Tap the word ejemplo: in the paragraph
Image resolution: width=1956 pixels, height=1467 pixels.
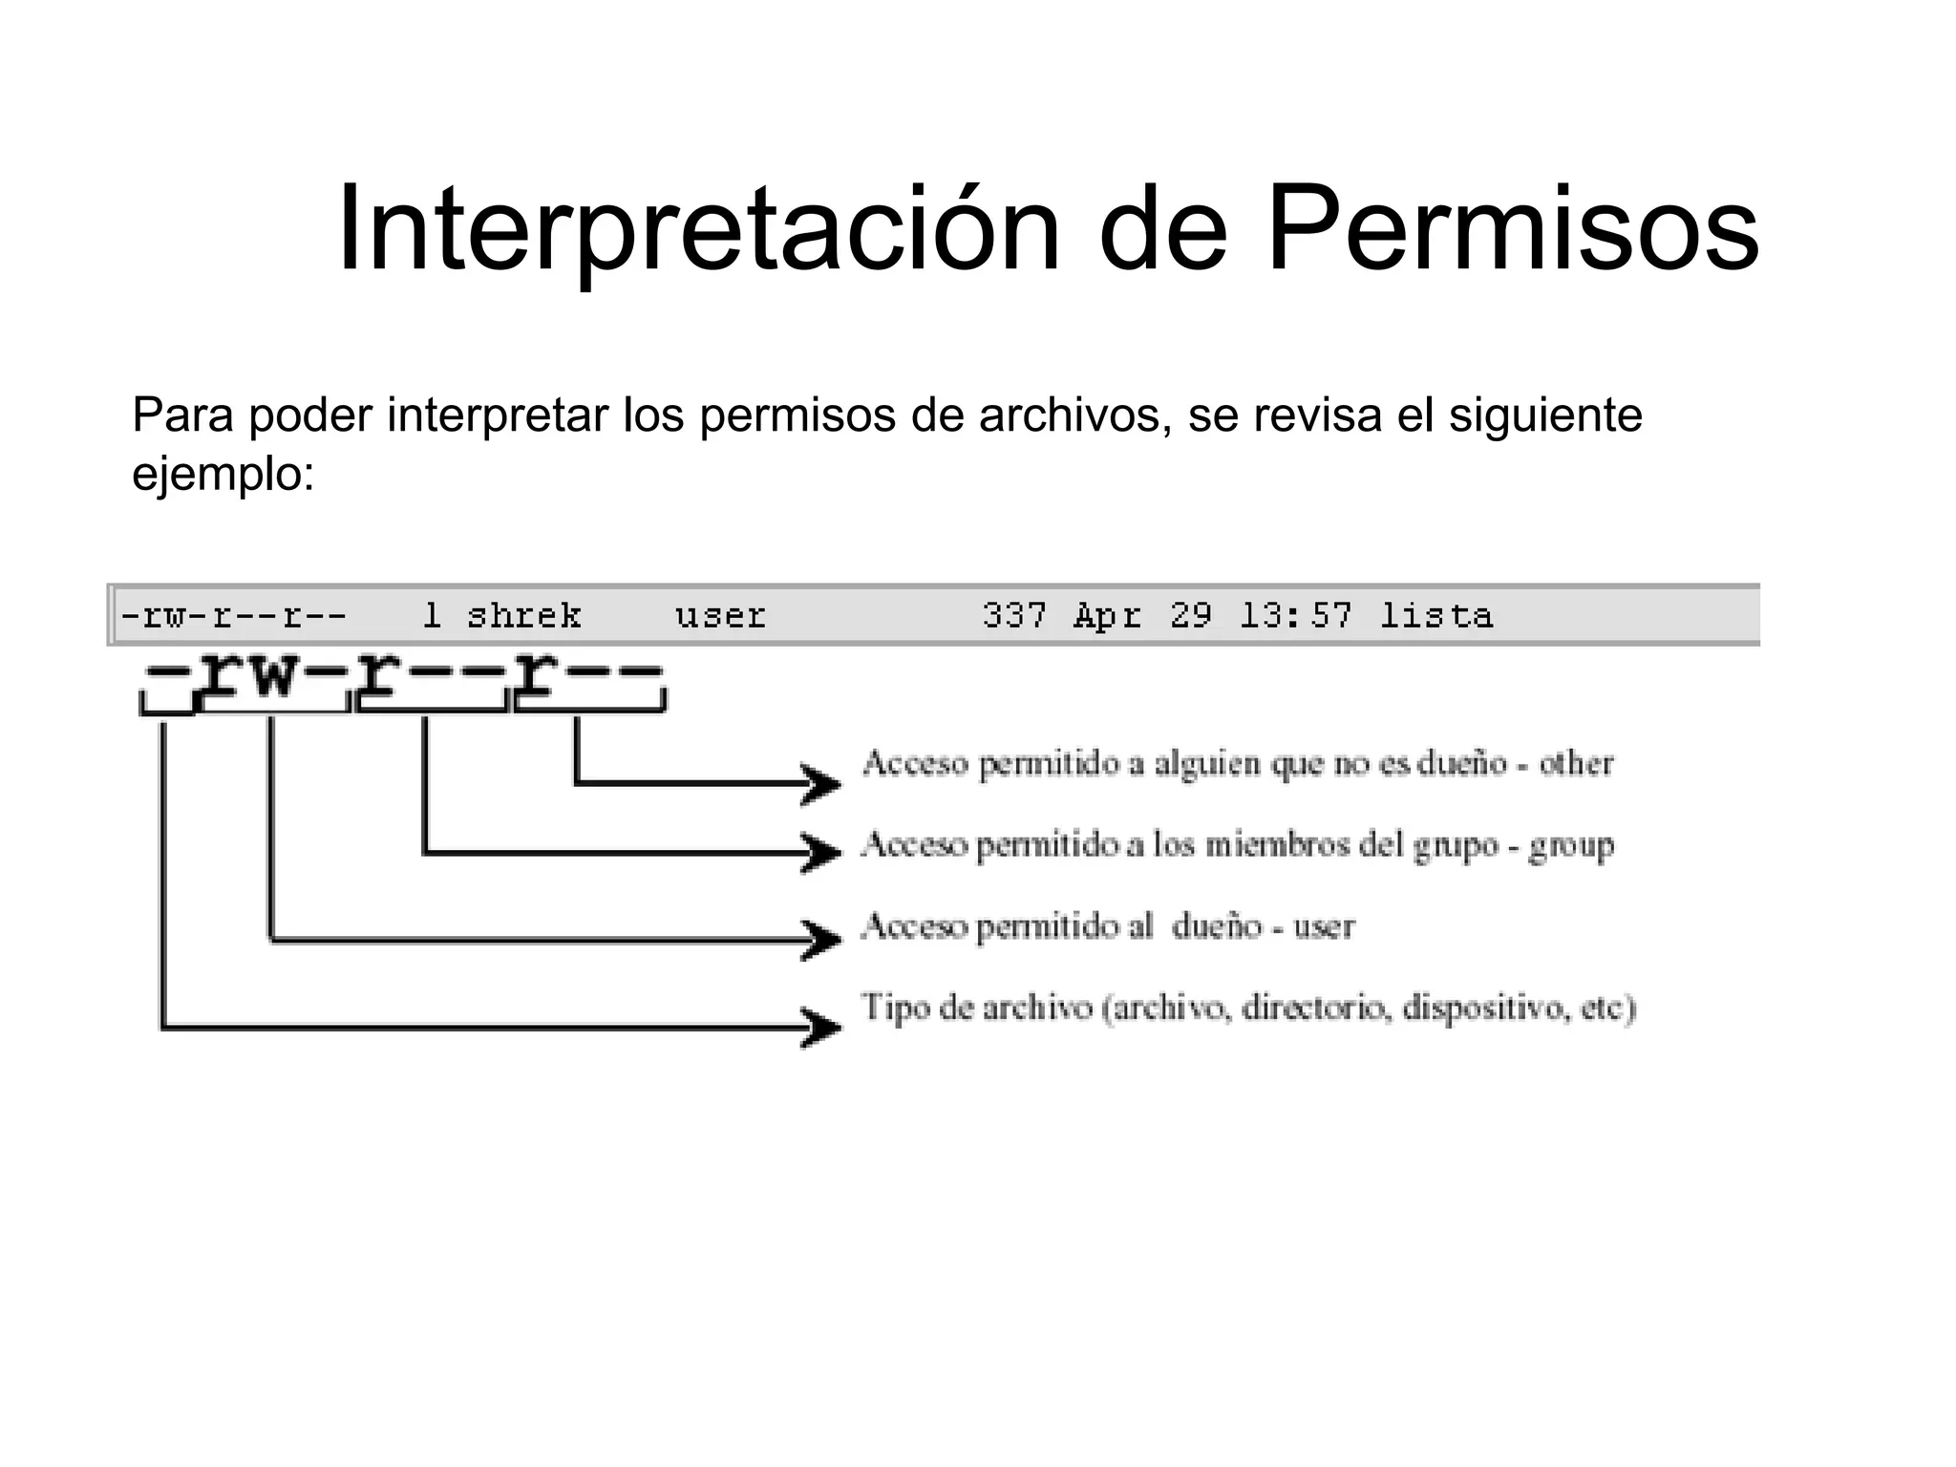[223, 475]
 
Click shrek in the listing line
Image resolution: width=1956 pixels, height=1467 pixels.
[523, 616]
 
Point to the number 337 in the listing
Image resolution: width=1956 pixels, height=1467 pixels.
[1014, 616]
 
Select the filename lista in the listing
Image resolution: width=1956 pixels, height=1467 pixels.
[1436, 616]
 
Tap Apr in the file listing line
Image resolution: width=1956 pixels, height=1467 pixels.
[1108, 616]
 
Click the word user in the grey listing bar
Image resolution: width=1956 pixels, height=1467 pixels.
[720, 616]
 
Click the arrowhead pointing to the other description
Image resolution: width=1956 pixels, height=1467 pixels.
[821, 784]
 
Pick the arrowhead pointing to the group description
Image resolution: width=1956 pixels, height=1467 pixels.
[821, 851]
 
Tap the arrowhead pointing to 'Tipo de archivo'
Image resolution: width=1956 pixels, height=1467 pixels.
[821, 1028]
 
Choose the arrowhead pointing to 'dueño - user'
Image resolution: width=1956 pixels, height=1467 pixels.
[821, 940]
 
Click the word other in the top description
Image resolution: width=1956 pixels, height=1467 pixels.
[1576, 764]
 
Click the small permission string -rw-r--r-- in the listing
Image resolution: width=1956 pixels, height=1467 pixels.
[233, 616]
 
